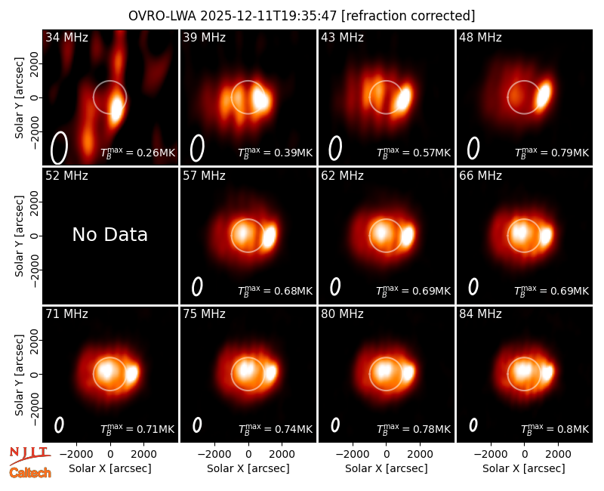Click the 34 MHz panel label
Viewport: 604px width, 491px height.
[x=66, y=37]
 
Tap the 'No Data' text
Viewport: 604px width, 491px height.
[x=110, y=234]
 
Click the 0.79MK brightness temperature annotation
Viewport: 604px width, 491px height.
[x=552, y=153]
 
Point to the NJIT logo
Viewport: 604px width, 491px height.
[x=30, y=456]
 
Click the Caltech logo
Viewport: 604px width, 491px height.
[x=30, y=473]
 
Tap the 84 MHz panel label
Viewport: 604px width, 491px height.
[x=480, y=314]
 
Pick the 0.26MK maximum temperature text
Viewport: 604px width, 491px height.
[x=138, y=153]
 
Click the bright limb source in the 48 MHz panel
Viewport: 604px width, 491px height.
[x=544, y=94]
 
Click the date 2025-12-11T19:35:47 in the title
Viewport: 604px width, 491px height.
[x=269, y=16]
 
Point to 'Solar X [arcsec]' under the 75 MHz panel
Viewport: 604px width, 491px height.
[x=248, y=468]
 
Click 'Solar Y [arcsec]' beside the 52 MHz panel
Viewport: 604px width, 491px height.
[x=19, y=236]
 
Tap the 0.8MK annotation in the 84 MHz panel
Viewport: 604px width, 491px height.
[x=555, y=429]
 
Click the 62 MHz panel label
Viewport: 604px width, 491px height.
[x=343, y=176]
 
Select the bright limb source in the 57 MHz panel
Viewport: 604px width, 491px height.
[x=270, y=236]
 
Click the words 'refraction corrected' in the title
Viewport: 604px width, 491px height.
[x=408, y=16]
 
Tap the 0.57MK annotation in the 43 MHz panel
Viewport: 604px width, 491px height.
[x=414, y=153]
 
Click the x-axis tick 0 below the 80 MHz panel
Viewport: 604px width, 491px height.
[x=387, y=455]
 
